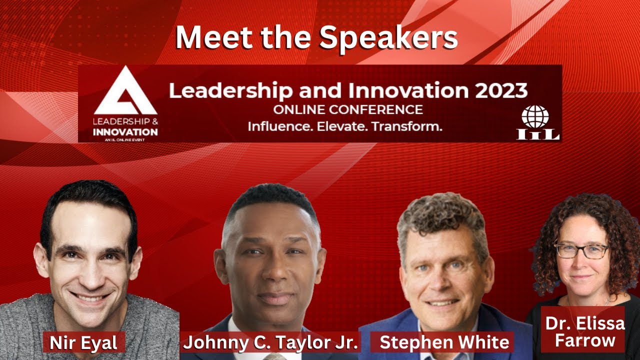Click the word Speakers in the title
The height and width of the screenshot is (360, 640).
click(x=388, y=37)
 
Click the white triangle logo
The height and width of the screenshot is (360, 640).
click(x=125, y=92)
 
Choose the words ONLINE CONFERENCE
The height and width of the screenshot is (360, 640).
click(x=348, y=109)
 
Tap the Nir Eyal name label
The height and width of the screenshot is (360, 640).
click(x=83, y=343)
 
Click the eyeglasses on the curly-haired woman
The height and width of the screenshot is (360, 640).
click(x=581, y=250)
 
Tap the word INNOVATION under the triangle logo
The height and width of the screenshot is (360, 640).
click(x=125, y=132)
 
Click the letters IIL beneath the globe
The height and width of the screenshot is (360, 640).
click(x=538, y=133)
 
